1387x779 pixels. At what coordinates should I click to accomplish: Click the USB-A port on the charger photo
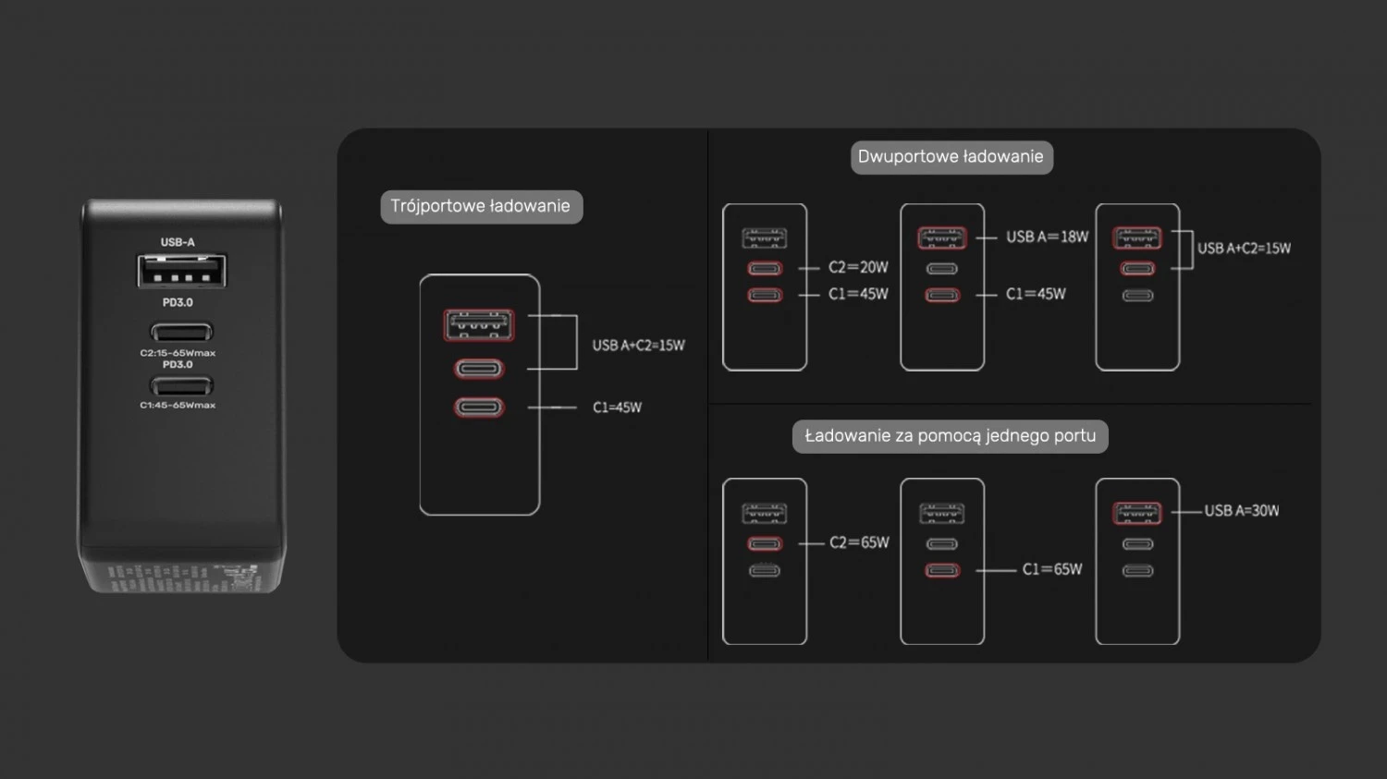coord(181,271)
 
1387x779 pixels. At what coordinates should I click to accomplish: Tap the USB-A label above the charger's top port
coord(178,242)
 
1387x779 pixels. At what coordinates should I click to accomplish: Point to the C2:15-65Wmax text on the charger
coord(178,353)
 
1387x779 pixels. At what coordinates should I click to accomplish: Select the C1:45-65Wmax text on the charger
coord(178,405)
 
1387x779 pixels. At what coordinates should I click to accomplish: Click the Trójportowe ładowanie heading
coord(481,206)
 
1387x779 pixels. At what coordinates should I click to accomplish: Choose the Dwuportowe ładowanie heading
coord(951,157)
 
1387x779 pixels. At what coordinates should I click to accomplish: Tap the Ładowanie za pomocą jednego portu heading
coord(950,436)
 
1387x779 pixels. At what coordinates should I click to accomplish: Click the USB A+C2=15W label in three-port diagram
coord(638,346)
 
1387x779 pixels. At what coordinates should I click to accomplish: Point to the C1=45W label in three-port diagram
coord(617,408)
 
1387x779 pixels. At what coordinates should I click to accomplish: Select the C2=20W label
coord(858,267)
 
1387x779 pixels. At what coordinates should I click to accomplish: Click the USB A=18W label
coord(1047,237)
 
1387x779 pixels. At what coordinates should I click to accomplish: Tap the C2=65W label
coord(859,542)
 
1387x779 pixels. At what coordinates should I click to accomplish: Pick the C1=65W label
coord(1051,569)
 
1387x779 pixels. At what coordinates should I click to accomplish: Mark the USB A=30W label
coord(1241,511)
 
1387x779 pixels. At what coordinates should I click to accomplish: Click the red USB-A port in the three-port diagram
coord(479,325)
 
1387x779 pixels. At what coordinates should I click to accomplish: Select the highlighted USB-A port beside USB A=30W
coord(1137,513)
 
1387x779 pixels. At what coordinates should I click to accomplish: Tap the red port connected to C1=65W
coord(942,570)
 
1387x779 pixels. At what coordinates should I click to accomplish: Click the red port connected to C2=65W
coord(765,543)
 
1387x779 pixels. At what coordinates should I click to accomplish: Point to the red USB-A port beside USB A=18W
coord(942,238)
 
